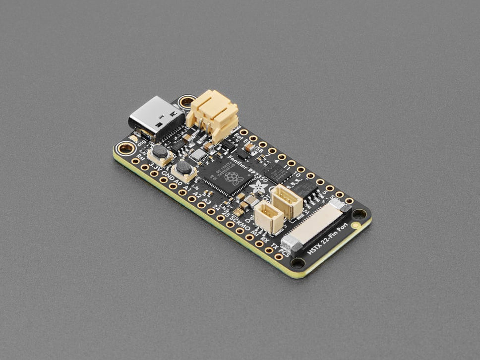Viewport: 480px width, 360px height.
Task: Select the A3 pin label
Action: pos(207,202)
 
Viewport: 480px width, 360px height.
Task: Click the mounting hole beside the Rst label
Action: pos(126,147)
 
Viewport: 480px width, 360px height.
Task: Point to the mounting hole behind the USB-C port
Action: pos(187,103)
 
